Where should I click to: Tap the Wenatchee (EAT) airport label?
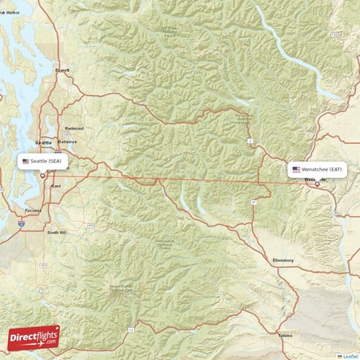[318, 170]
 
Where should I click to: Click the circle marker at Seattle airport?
[42, 175]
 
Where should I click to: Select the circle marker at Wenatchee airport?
[317, 184]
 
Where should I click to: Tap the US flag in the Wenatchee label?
[296, 170]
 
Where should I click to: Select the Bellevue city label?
[68, 142]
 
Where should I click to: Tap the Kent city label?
[56, 186]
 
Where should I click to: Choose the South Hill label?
[56, 233]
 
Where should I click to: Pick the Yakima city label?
[287, 336]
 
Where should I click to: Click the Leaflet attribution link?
[351, 356]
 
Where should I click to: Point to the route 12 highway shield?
[130, 329]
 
